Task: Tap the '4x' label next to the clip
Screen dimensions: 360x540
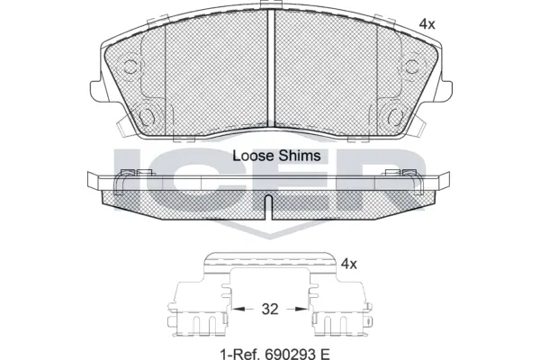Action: tap(348, 264)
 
